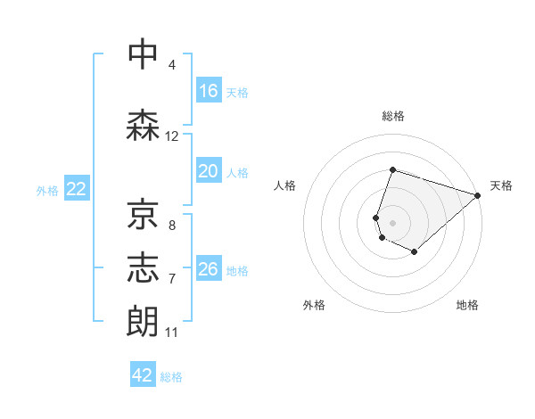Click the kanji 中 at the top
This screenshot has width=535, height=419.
(144, 55)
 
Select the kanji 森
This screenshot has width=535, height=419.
(144, 126)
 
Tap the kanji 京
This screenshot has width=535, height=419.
(144, 213)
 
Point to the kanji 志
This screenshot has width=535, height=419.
(144, 268)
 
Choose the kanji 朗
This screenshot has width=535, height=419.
(144, 321)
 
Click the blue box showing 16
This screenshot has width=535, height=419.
(209, 91)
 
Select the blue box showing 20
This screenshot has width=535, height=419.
(209, 171)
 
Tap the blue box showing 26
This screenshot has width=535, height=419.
(209, 269)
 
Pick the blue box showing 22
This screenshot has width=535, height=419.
(76, 189)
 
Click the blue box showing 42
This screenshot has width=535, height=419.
(143, 375)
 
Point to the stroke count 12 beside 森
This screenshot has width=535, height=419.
(172, 136)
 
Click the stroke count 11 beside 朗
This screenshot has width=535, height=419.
(172, 333)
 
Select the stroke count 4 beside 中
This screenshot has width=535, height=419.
(172, 65)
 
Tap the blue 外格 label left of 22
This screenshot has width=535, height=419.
(46, 190)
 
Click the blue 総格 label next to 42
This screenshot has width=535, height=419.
(171, 376)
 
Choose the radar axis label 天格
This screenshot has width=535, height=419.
(501, 185)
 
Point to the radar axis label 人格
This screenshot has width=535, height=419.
(284, 185)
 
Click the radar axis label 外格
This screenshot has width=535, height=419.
(314, 305)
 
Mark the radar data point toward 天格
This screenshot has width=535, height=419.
(478, 195)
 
